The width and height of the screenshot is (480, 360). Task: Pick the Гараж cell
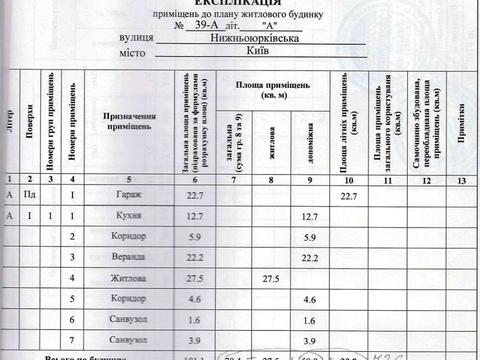[128, 195]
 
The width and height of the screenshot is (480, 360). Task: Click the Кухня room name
[128, 216]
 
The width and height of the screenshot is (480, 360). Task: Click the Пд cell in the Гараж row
[30, 195]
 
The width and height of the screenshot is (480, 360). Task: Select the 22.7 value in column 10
[349, 195]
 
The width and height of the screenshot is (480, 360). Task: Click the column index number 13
[458, 179]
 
